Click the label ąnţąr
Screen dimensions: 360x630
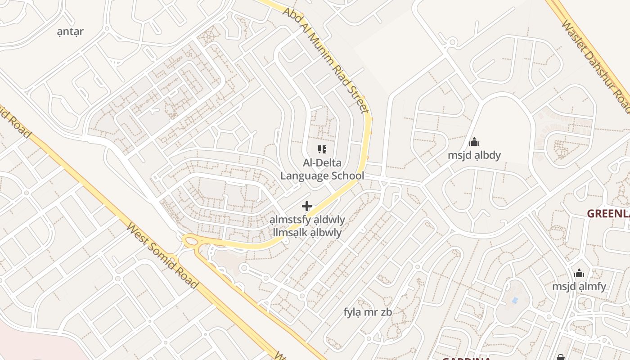71,31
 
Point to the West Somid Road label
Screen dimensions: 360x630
162,256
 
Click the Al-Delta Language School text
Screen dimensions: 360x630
322,169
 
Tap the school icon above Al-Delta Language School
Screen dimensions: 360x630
322,149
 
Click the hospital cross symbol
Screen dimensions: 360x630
307,206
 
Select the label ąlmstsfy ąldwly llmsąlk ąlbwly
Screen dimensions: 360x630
307,226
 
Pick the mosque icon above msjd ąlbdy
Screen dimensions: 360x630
474,142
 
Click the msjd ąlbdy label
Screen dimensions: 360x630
474,155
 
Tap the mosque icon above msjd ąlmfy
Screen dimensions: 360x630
579,273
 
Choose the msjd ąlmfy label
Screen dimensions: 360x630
579,286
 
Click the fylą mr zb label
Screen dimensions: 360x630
368,312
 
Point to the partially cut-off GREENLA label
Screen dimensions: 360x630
608,214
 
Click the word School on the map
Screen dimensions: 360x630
343,175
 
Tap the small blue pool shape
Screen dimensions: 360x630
515,300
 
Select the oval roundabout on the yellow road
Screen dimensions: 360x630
192,242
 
